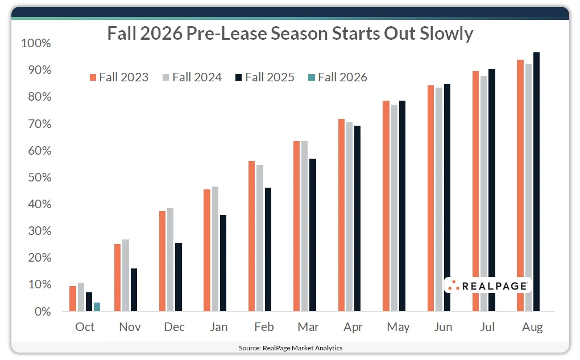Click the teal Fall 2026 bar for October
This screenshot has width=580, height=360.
pos(97,307)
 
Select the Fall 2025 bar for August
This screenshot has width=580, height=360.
pos(536,182)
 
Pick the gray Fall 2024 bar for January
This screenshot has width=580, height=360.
pos(216,249)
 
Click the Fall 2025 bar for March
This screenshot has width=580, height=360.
pos(313,235)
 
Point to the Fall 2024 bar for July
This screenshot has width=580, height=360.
pos(483,193)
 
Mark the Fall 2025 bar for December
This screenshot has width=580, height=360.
pos(179,277)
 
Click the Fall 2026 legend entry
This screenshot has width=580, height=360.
pos(337,77)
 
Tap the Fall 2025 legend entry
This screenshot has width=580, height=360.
pos(264,77)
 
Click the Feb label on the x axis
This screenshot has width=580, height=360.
pos(264,327)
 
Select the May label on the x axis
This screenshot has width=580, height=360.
pos(398,327)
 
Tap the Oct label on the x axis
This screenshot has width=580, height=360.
pos(85,327)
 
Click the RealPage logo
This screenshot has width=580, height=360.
pos(487,285)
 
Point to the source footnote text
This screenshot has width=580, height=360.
pos(290,347)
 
